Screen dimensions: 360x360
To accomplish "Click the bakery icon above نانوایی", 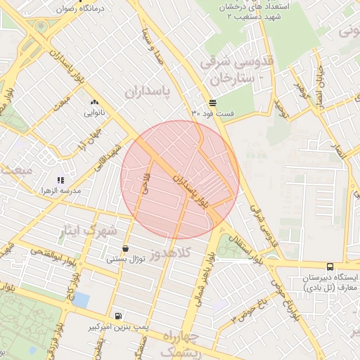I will (x=94, y=102).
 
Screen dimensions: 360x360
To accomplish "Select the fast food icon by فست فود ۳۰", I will (x=213, y=102).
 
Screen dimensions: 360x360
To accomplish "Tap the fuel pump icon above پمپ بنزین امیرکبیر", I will (x=117, y=316).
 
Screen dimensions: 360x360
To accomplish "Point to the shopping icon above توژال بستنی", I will (x=125, y=248).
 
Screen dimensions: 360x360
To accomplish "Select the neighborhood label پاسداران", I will (x=148, y=91).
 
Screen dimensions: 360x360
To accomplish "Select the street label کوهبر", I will (x=302, y=89).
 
